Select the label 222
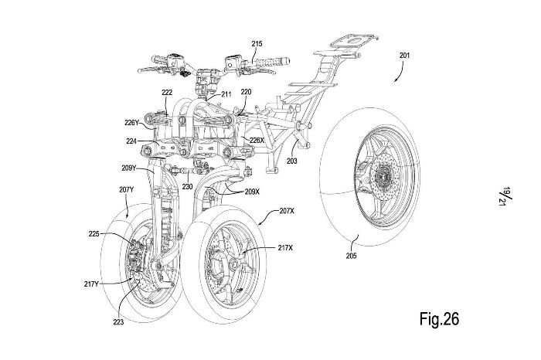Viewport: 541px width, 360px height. [x=166, y=92]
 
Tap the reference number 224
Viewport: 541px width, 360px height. [x=132, y=141]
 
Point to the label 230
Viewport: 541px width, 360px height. [x=187, y=185]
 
